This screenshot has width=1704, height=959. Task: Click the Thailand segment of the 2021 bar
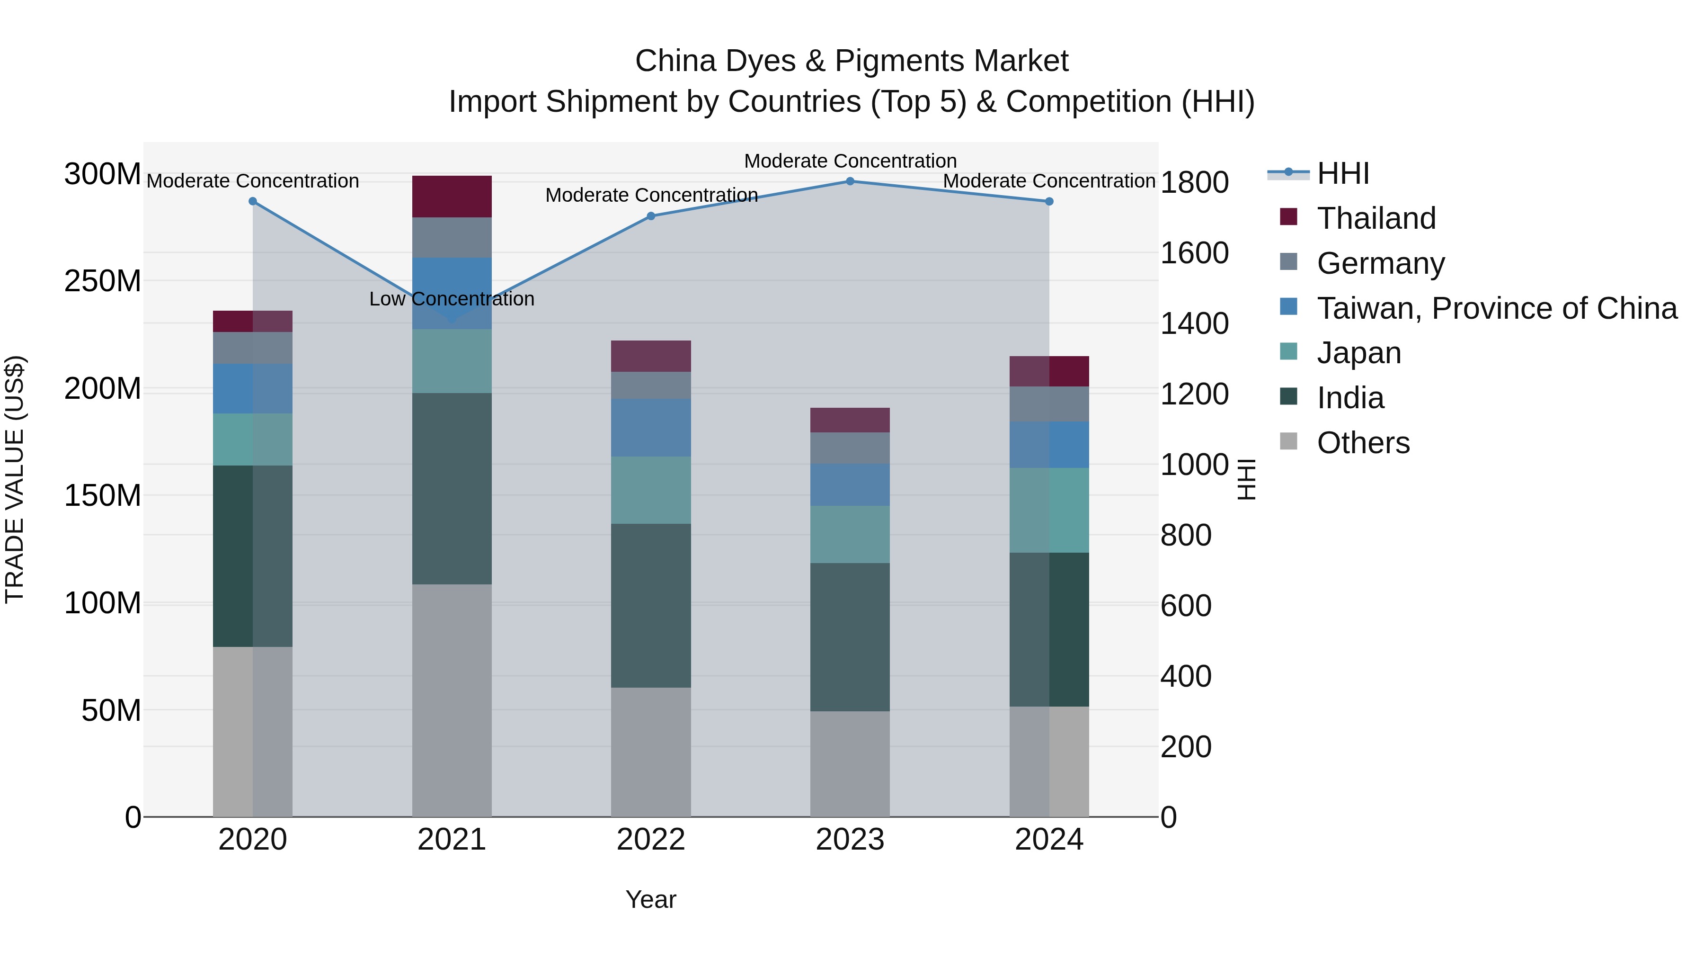(452, 197)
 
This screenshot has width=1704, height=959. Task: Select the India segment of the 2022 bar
(651, 606)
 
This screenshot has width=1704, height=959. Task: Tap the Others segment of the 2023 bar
(850, 764)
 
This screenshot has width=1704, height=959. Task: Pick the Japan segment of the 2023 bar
(850, 535)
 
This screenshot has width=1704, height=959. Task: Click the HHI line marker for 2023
(851, 181)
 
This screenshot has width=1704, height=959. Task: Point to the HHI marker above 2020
(253, 201)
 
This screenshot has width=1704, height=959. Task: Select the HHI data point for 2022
(651, 216)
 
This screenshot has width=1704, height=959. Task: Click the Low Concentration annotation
(452, 299)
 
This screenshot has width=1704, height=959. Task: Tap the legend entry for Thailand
(1376, 218)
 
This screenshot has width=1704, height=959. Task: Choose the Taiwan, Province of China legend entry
(1496, 308)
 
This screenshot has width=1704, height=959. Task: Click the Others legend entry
(1363, 443)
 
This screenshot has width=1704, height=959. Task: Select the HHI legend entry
(1342, 173)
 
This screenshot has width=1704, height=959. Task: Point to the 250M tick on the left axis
(103, 281)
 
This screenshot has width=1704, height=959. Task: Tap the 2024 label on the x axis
(1049, 840)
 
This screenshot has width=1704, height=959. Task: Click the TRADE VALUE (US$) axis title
(15, 479)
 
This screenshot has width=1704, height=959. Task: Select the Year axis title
(651, 899)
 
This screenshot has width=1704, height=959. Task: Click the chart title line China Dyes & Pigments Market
(852, 61)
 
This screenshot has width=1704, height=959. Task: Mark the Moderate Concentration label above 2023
(851, 161)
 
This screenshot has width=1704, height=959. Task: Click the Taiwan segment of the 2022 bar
(651, 428)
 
